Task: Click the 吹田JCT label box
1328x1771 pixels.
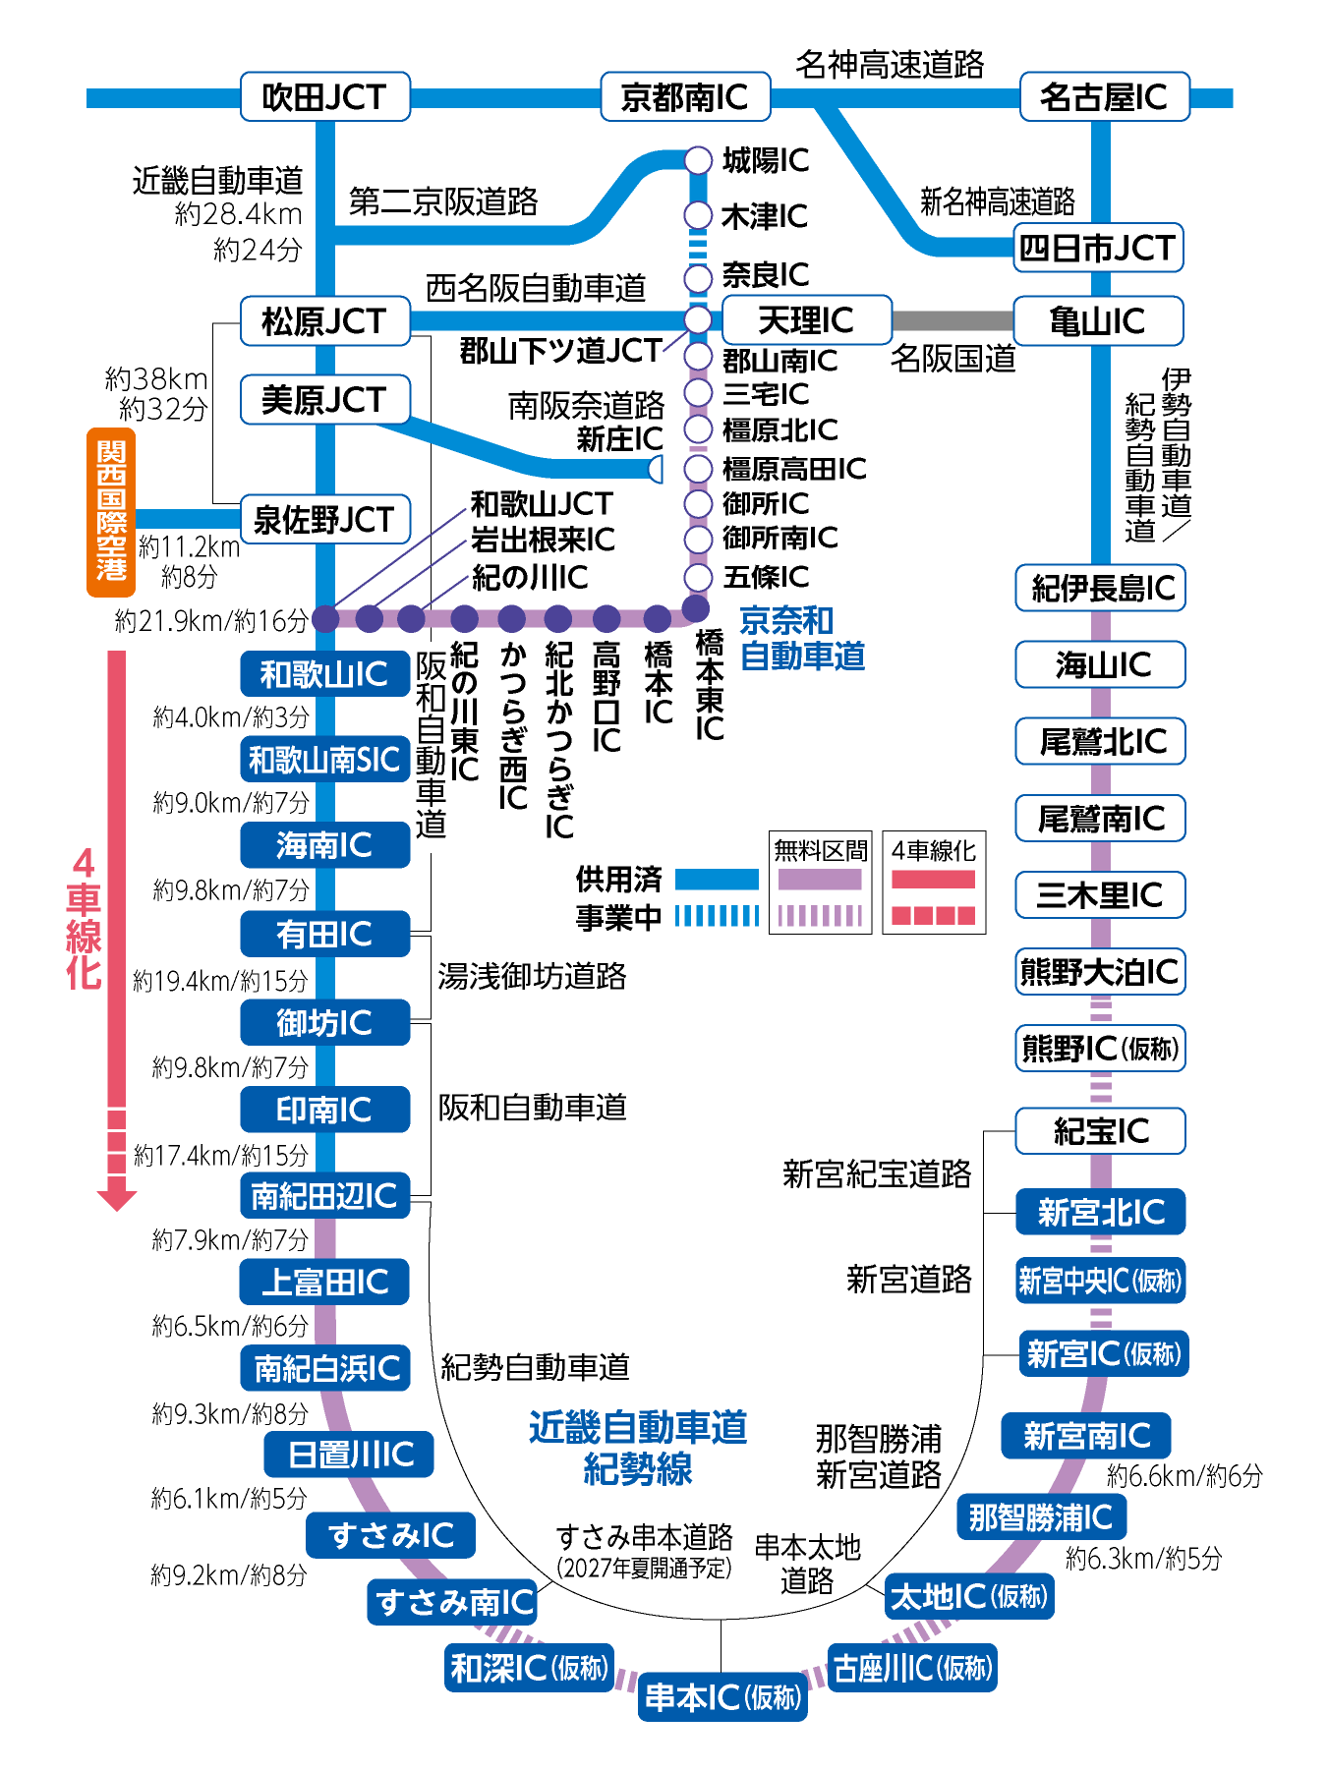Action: click(324, 96)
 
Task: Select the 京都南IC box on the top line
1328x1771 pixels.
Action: click(684, 96)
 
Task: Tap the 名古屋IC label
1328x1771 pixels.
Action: click(1104, 96)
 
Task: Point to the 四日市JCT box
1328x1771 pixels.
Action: click(1097, 248)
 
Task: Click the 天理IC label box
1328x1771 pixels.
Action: click(806, 320)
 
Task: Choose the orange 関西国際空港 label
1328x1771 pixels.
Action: click(111, 511)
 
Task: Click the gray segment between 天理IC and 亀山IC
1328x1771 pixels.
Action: click(952, 320)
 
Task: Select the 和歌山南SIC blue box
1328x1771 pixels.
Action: click(324, 760)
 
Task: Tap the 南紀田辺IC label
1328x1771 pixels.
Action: click(324, 1195)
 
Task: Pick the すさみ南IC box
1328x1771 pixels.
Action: click(452, 1602)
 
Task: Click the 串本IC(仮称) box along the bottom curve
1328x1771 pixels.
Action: click(722, 1696)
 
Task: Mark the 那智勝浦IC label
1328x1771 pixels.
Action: click(1040, 1516)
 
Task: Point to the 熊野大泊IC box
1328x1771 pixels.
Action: click(1099, 972)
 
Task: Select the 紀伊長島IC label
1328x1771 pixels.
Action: click(1101, 588)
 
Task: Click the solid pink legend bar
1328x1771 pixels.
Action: click(933, 880)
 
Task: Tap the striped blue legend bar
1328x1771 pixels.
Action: click(717, 916)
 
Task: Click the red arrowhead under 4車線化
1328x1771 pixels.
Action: click(117, 1200)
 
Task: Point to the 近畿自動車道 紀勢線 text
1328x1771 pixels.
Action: click(638, 1448)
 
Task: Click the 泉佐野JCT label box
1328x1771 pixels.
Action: click(324, 519)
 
